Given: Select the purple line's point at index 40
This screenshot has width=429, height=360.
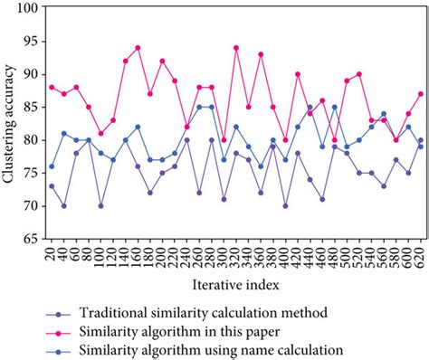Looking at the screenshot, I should pos(63,206).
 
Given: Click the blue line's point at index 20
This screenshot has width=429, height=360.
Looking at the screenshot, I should pos(52,166).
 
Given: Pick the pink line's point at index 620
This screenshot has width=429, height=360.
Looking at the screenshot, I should pos(420,94).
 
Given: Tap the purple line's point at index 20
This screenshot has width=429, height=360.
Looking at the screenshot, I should pos(52,186).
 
